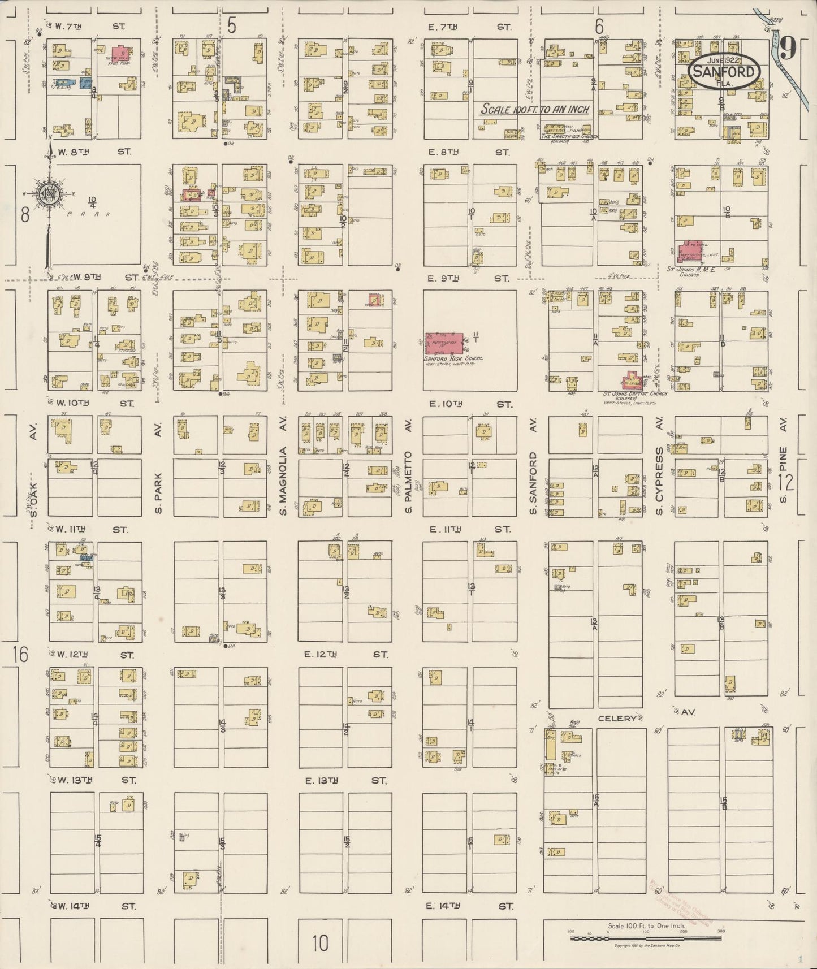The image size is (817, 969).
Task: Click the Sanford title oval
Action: tap(724, 71)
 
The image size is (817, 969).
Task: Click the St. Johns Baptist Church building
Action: tap(633, 380)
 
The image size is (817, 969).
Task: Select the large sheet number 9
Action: tap(788, 47)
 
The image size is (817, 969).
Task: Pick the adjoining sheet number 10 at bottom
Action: tap(320, 943)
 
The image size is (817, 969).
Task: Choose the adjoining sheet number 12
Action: tap(786, 482)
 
